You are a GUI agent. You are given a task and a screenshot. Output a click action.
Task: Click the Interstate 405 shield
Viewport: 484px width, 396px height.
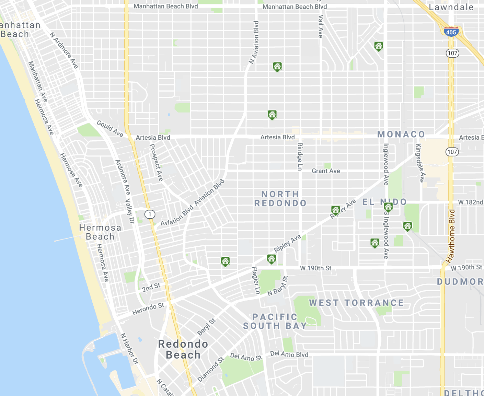click(x=451, y=32)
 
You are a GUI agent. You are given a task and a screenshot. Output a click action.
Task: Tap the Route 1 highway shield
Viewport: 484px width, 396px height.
click(x=150, y=215)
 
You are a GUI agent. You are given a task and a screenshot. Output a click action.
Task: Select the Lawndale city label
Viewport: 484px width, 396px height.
click(x=451, y=7)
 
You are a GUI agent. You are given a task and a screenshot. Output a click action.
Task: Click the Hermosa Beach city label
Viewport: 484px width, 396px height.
click(x=100, y=232)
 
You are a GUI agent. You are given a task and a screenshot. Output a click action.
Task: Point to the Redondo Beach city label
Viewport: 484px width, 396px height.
click(x=183, y=349)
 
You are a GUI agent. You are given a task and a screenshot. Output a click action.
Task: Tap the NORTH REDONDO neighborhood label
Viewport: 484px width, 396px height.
click(x=280, y=199)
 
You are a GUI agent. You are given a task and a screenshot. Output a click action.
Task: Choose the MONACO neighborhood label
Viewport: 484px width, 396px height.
click(x=401, y=134)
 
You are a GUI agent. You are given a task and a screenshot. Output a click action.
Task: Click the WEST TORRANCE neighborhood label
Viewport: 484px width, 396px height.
click(x=356, y=303)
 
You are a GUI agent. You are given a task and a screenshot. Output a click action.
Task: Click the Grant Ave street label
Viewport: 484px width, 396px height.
click(x=326, y=171)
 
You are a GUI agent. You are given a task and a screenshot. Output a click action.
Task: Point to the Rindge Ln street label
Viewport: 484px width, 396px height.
click(x=300, y=157)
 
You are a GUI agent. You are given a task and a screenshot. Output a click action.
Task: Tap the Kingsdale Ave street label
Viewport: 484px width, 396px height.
click(x=420, y=163)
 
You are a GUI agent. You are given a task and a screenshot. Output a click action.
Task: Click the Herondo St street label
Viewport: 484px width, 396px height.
click(x=148, y=309)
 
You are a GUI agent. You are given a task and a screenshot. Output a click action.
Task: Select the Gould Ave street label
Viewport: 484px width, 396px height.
click(x=110, y=128)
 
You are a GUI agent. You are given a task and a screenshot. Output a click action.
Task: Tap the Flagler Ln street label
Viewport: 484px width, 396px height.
click(x=256, y=280)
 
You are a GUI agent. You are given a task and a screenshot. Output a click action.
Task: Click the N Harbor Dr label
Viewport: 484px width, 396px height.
click(x=129, y=349)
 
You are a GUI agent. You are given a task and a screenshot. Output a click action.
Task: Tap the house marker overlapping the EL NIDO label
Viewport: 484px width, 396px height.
click(x=388, y=207)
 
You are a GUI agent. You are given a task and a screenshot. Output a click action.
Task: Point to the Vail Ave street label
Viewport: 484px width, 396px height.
click(x=320, y=27)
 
